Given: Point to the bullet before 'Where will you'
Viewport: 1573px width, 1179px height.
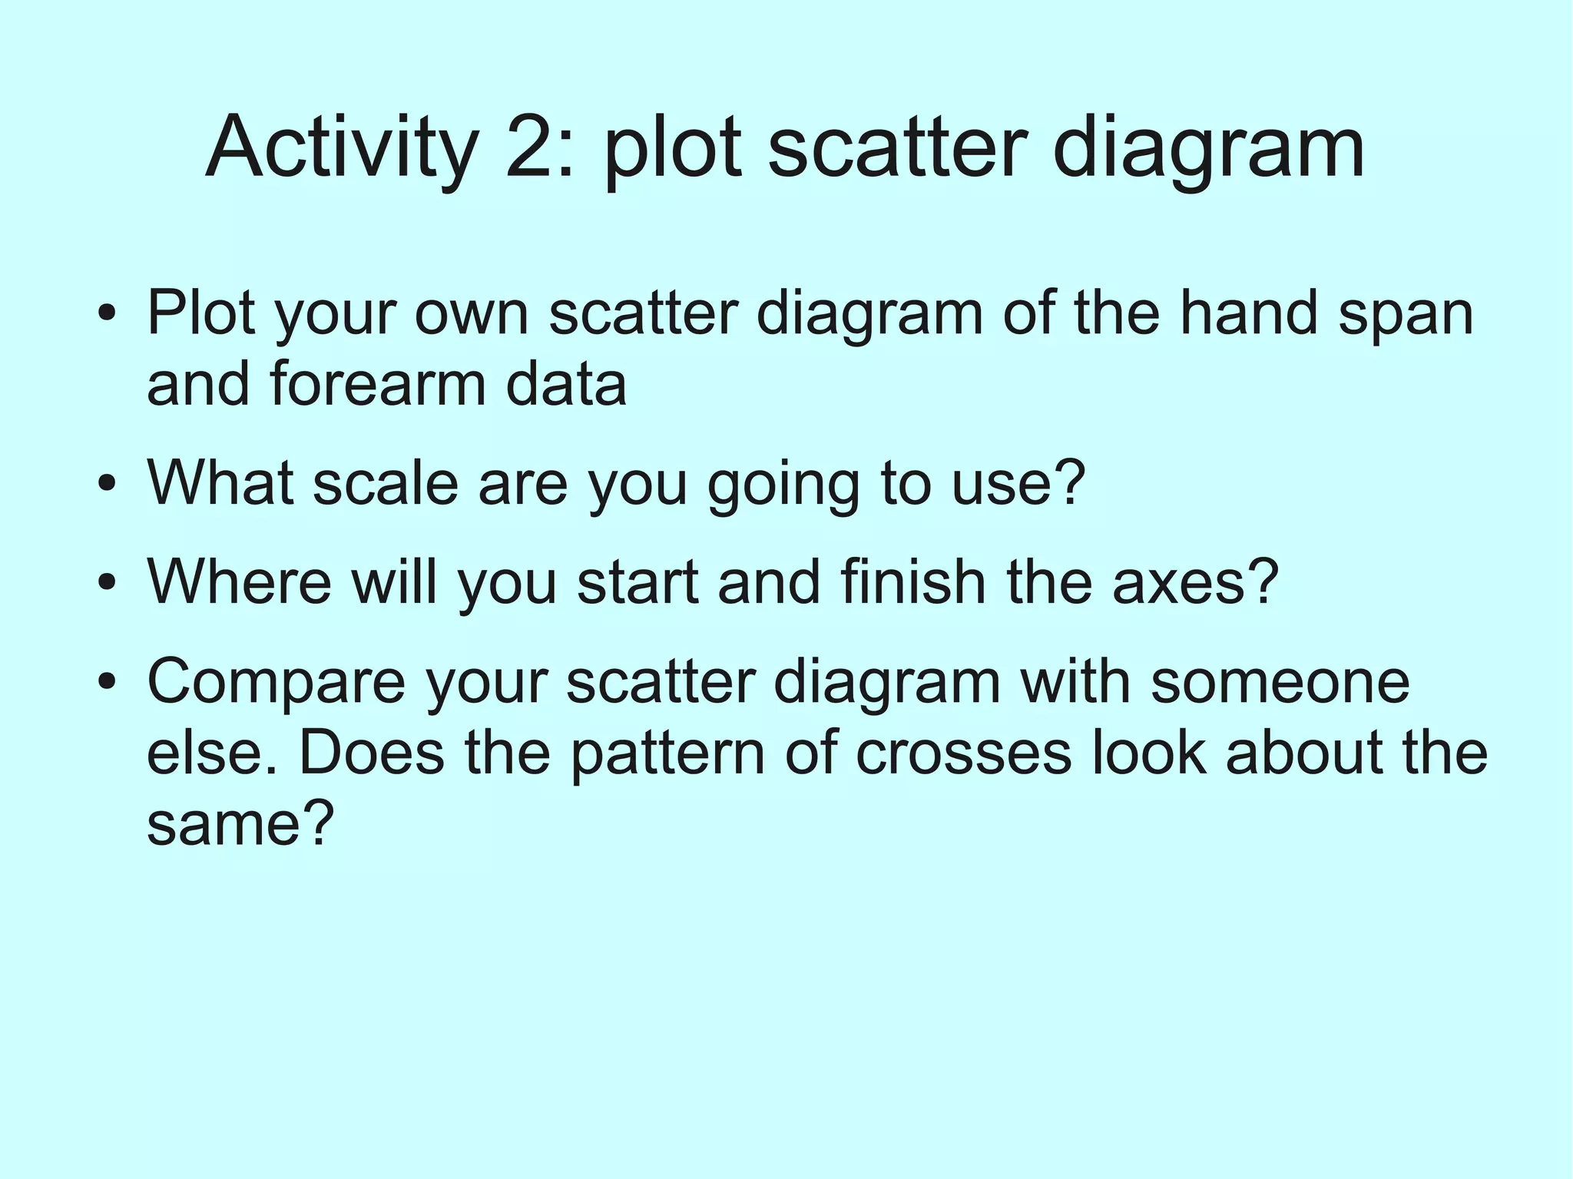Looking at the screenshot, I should click(x=108, y=582).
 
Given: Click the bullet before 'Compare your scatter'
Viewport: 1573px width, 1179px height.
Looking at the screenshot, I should click(x=108, y=681).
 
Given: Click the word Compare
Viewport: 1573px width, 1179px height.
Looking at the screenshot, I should click(x=276, y=683).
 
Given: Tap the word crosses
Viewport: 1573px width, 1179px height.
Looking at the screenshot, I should click(x=963, y=753).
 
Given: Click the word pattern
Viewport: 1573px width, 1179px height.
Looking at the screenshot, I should click(x=667, y=753).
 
